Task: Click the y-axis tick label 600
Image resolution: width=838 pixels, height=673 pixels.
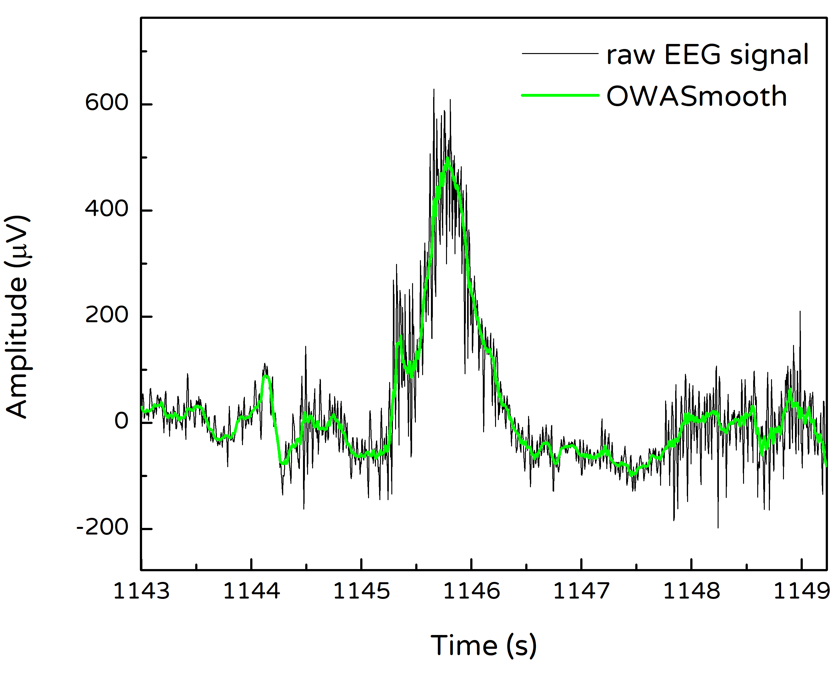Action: pos(107,104)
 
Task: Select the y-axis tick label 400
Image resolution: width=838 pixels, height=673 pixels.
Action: pos(107,210)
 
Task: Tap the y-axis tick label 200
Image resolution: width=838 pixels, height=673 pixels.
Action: pos(107,316)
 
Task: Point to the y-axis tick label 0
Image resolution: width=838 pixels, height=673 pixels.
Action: pos(121,422)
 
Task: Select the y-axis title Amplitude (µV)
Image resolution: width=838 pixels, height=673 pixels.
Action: pos(18,317)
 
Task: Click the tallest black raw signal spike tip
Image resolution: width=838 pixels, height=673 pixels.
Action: pos(434,89)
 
